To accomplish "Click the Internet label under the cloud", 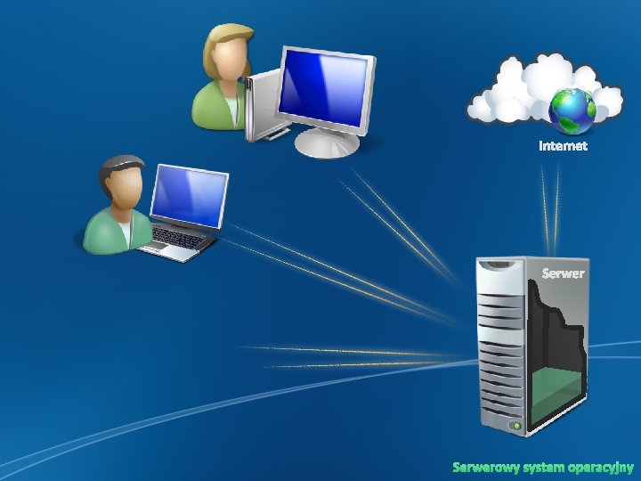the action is point(563,145).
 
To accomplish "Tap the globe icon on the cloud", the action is point(572,110).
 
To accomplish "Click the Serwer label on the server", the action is point(564,273).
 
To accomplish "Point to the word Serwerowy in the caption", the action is point(482,467).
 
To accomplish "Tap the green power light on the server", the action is point(515,427).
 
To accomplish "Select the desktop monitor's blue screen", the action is point(322,87).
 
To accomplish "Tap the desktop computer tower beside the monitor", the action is point(261,107).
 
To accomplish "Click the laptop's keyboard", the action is point(179,238).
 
